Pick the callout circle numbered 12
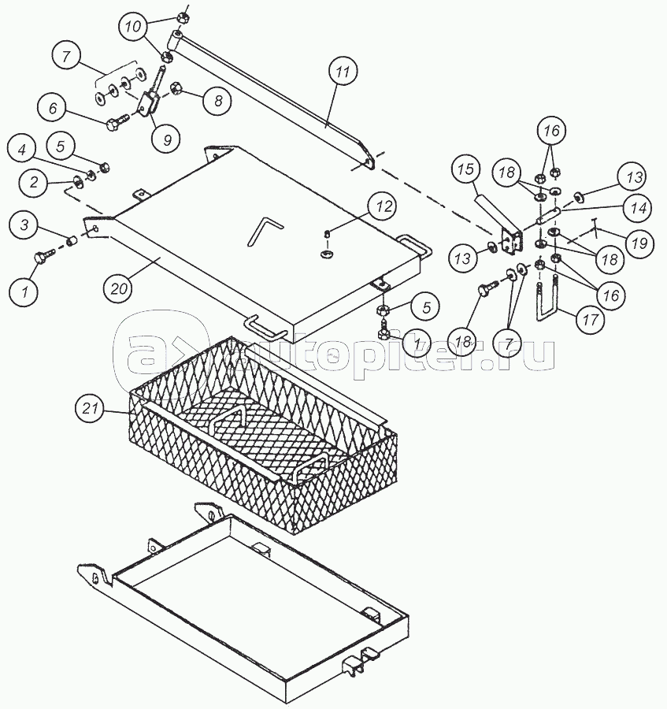click(383, 208)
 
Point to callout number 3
click(25, 227)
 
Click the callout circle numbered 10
click(135, 28)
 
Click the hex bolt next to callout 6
click(117, 122)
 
